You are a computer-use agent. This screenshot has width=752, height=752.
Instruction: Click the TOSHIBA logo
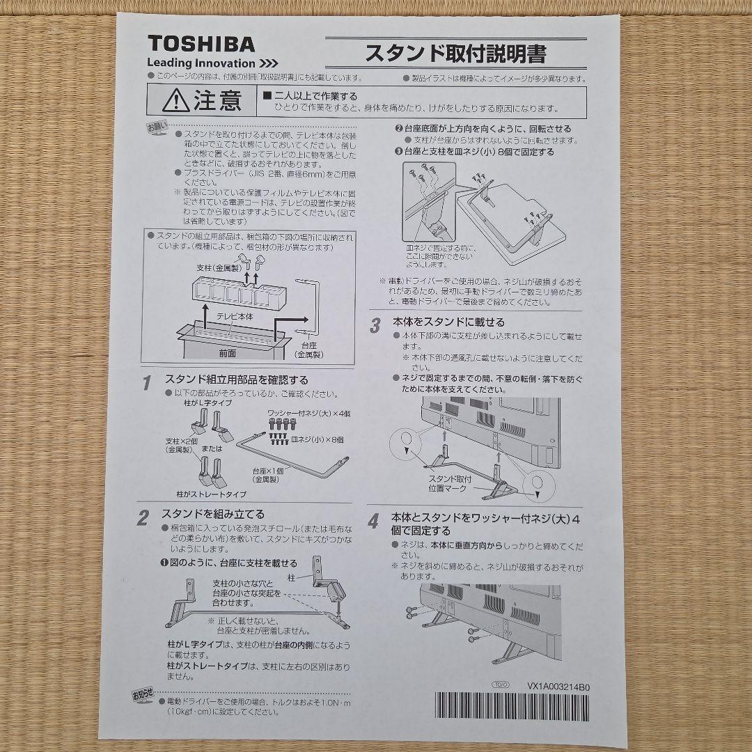[x=201, y=45]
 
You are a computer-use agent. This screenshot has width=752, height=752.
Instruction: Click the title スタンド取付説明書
[x=456, y=53]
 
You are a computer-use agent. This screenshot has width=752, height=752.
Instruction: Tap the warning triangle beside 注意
[x=175, y=102]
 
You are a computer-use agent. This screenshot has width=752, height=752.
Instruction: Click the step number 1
[x=147, y=383]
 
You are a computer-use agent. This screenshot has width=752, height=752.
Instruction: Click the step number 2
[x=143, y=518]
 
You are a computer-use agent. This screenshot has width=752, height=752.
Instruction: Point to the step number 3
[x=375, y=324]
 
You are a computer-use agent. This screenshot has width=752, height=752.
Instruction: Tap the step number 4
[x=374, y=522]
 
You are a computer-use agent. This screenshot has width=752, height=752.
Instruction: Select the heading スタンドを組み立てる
[x=213, y=515]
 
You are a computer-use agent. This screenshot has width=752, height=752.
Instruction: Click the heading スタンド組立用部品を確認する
[x=236, y=380]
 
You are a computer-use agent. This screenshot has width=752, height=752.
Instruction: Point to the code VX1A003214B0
[x=558, y=687]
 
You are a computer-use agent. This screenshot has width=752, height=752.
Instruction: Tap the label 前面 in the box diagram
[x=227, y=353]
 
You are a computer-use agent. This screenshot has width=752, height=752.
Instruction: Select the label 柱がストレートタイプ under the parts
[x=211, y=494]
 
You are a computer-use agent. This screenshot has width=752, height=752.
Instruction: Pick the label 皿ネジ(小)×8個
[x=318, y=440]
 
